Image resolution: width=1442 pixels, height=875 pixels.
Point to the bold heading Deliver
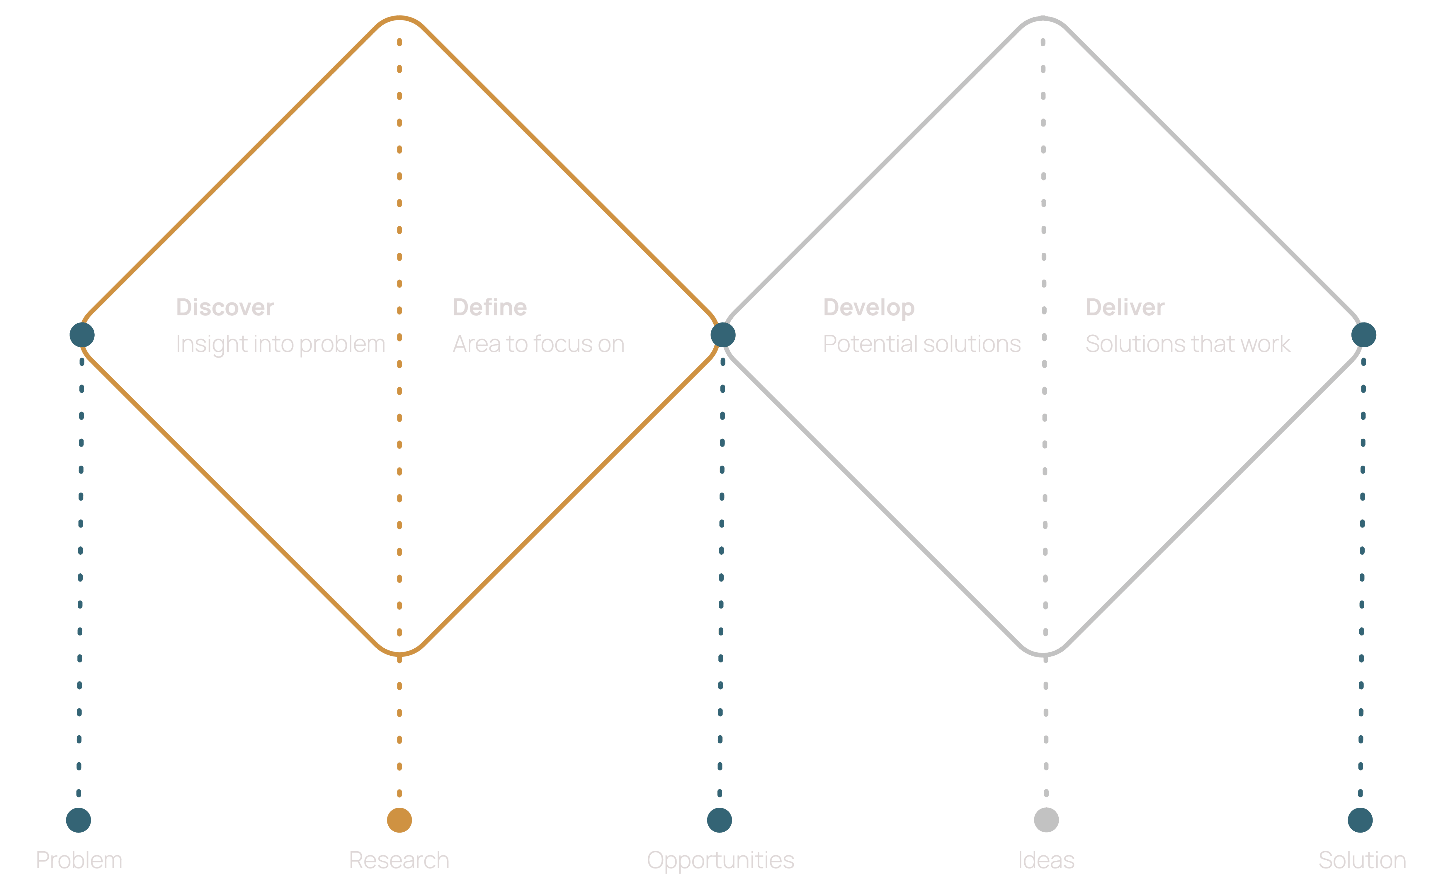[x=1125, y=308]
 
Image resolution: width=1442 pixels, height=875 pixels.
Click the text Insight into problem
[x=280, y=344]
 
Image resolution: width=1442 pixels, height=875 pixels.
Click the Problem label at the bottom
[x=79, y=860]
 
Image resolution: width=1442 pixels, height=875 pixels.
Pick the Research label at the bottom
[x=399, y=860]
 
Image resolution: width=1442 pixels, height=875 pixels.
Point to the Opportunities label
[x=720, y=860]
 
